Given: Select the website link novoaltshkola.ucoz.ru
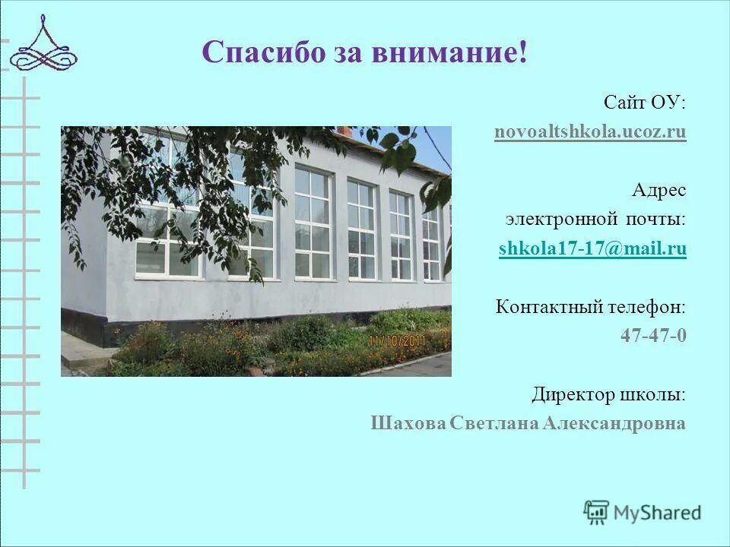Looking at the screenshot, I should pos(590,132).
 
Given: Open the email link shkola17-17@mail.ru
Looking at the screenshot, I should pos(592,248).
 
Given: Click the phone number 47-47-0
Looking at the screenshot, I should pos(653,335).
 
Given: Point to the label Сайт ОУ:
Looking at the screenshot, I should pos(645,102).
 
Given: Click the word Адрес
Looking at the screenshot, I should pos(659,190).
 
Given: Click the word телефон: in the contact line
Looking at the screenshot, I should pos(646,307).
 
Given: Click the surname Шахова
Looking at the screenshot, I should pos(408,424).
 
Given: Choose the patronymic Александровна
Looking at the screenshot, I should pos(614,424).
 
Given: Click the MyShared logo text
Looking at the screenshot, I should pos(658,513).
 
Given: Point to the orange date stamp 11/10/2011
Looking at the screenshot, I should pos(398,341).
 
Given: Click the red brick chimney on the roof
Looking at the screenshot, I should pos(344,131).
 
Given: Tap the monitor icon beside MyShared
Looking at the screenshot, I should pos(597,513).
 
